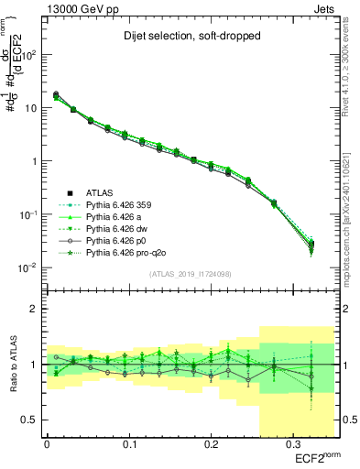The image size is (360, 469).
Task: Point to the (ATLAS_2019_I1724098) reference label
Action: (189, 272)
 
